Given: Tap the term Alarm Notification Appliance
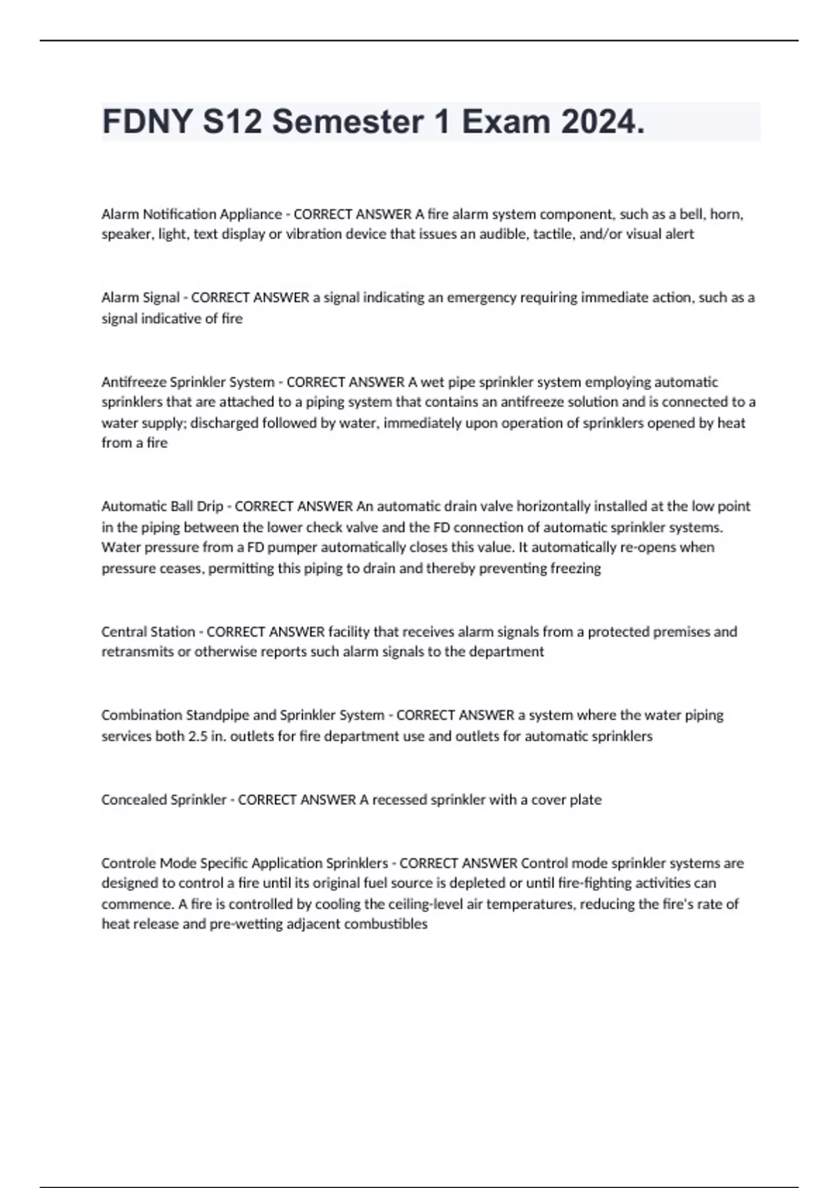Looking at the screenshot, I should tap(191, 214).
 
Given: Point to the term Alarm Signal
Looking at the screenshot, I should tap(141, 298).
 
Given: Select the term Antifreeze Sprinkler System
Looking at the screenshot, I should tap(187, 382).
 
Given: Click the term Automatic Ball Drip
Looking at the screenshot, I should tap(162, 506).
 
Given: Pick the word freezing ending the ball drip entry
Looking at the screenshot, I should tap(575, 568).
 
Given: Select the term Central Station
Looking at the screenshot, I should tap(148, 632).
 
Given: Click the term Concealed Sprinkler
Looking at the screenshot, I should tap(164, 799).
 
